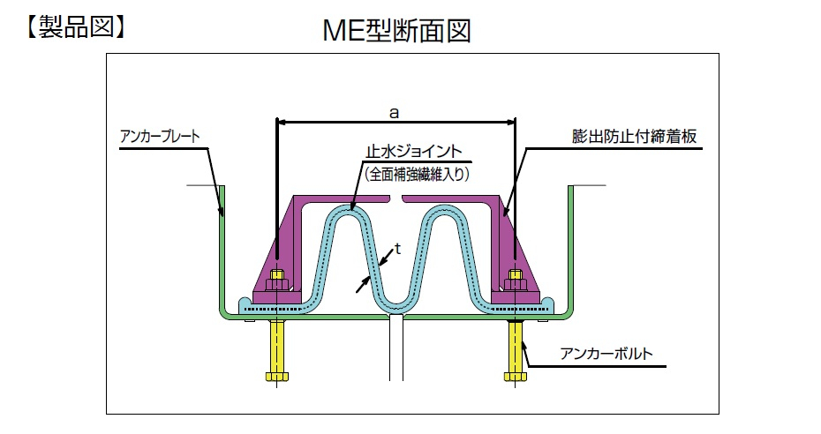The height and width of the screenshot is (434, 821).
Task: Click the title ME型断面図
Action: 396,31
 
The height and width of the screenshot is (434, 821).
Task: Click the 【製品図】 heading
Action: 75,26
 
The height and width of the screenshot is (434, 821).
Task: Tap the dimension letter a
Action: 395,112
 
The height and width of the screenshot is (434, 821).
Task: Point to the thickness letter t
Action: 397,249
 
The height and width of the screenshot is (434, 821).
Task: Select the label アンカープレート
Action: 160,137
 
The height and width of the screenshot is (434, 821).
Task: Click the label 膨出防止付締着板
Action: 634,137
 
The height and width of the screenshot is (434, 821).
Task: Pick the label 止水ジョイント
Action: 414,152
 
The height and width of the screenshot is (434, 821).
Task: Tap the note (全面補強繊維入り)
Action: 417,174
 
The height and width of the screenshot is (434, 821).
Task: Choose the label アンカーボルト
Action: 606,354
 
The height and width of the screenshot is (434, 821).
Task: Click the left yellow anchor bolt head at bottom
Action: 277,376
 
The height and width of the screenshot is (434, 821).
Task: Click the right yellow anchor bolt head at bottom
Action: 516,376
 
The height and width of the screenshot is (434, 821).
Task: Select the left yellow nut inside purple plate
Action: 276,281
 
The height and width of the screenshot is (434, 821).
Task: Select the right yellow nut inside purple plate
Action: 516,281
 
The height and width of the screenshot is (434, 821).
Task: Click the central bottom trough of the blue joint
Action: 396,305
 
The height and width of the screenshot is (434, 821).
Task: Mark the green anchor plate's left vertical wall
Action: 222,249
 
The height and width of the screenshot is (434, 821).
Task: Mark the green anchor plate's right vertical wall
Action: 571,249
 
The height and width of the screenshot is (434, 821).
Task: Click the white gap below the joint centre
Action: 396,348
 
